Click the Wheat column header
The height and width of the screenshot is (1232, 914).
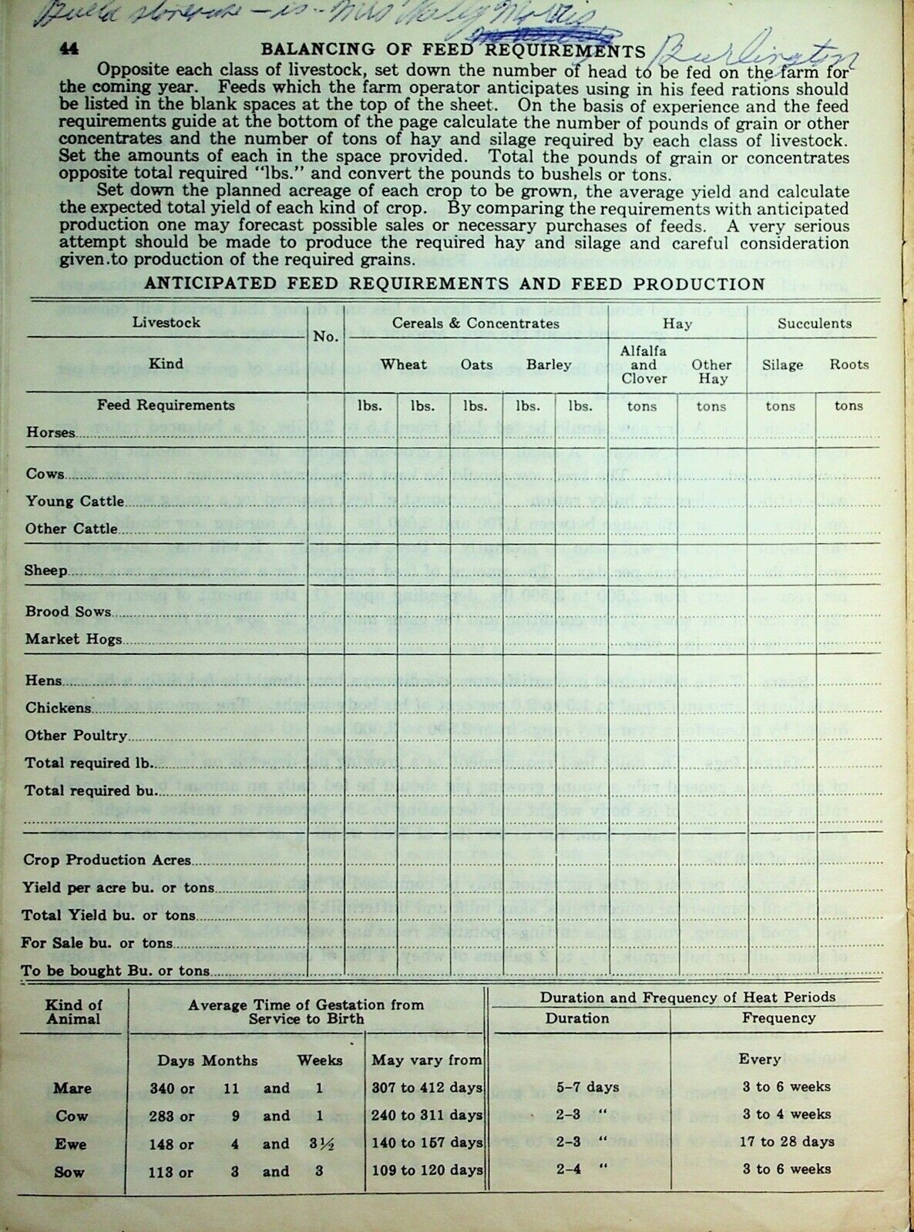click(404, 364)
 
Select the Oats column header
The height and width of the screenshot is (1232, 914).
click(476, 364)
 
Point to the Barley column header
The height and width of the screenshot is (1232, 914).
click(549, 364)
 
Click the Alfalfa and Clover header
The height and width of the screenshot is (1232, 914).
click(643, 365)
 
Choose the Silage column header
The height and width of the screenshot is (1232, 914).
click(782, 364)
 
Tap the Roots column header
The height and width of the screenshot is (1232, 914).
click(848, 364)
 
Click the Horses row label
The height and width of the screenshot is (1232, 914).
click(51, 433)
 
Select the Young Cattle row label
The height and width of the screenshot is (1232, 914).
click(75, 502)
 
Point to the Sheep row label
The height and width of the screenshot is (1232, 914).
click(46, 571)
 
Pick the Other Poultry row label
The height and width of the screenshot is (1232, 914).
click(76, 736)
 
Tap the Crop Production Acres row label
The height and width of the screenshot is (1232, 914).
click(107, 861)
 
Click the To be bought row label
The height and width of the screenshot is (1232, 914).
click(116, 971)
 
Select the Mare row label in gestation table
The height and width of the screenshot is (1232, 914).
click(72, 1089)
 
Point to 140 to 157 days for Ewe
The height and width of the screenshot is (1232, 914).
click(427, 1144)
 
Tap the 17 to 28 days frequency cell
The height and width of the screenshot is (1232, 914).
click(786, 1142)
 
